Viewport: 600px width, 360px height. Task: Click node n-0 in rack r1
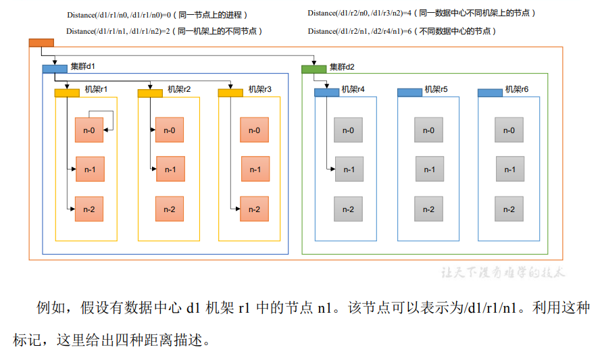[89, 130]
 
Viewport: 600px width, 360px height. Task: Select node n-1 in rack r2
[170, 169]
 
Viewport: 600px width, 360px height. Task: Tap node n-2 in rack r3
[255, 209]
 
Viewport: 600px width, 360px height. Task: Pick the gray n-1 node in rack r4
[349, 169]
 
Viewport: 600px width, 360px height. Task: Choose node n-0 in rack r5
[428, 130]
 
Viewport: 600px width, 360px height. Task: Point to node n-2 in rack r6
[509, 209]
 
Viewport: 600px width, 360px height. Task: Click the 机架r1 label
[96, 89]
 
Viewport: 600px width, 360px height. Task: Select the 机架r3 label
[260, 89]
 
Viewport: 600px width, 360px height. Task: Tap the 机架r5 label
[436, 89]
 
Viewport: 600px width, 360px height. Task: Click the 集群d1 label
[82, 66]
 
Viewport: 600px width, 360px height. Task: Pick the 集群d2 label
[342, 67]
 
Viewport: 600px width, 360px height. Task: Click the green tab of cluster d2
[314, 70]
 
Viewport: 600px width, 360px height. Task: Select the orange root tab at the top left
[41, 43]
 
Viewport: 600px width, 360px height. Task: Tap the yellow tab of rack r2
[150, 93]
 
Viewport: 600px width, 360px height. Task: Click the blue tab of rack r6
[490, 93]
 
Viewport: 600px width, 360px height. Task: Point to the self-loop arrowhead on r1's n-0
[106, 130]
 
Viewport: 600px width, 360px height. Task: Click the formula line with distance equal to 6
[402, 31]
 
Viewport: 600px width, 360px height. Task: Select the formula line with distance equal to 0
[157, 15]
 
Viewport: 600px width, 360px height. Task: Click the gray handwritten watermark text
[503, 272]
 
